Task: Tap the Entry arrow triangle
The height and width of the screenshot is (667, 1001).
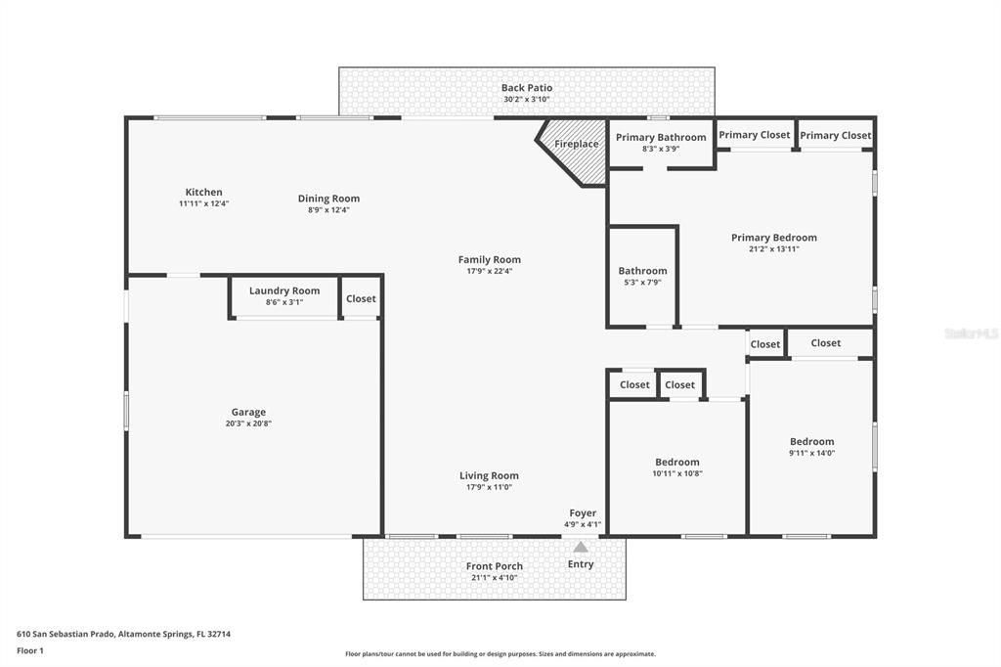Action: point(581,548)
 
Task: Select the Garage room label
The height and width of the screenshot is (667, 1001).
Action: point(248,413)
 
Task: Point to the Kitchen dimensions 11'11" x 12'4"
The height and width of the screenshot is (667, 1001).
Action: point(203,204)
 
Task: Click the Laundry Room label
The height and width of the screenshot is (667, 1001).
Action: point(284,290)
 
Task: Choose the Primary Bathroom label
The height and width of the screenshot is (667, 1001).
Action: point(661,138)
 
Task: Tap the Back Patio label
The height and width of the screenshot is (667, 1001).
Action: point(527,88)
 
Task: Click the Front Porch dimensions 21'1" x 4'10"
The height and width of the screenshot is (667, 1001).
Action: point(494,578)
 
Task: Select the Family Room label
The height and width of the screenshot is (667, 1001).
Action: point(489,260)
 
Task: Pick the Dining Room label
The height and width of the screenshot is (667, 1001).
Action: point(328,199)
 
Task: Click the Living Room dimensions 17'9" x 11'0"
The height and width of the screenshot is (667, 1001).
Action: point(489,487)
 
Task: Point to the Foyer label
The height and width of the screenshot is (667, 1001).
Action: point(583,513)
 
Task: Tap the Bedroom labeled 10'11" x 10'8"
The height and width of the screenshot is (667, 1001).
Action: point(677,463)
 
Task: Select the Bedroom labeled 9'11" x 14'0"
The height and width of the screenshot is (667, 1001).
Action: point(812,442)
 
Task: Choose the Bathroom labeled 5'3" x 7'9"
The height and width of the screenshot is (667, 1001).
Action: point(642,271)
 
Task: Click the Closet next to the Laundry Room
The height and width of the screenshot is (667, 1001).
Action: point(361,299)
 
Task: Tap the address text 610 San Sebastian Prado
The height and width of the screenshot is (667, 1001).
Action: point(123,634)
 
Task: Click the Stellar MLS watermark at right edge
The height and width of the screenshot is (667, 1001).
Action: point(972,333)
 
